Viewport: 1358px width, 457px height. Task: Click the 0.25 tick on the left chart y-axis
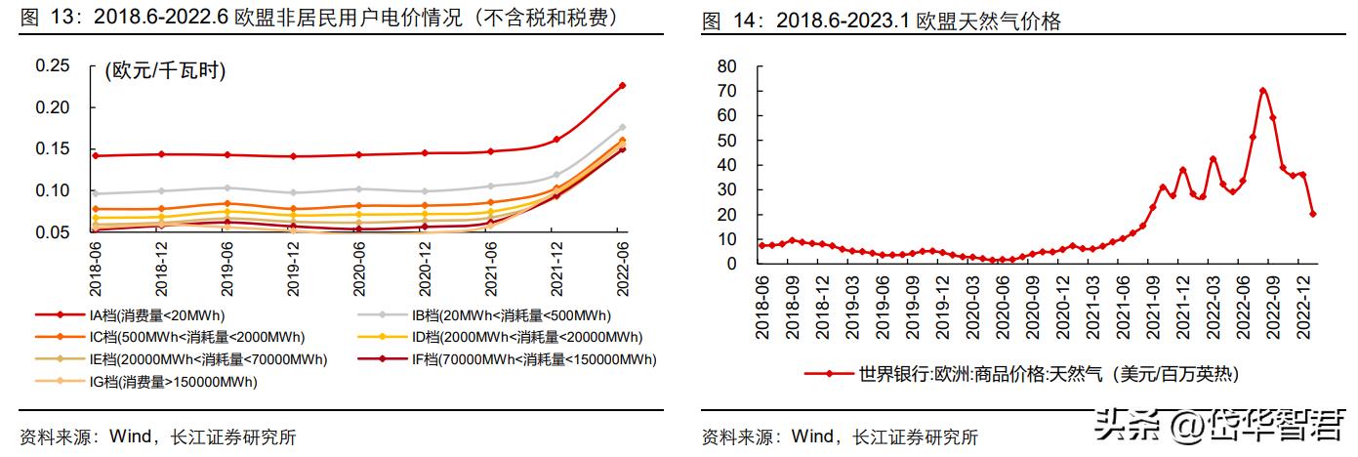point(53,65)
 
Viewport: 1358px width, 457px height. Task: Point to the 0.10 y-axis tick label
point(53,190)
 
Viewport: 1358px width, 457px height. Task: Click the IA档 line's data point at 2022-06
point(622,86)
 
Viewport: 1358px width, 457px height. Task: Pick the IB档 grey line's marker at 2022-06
point(622,127)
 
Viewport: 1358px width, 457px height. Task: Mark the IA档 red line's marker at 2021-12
point(556,140)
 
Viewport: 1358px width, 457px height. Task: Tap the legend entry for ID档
point(513,337)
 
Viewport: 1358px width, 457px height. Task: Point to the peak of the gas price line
point(1262,91)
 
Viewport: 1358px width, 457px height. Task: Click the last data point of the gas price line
point(1313,214)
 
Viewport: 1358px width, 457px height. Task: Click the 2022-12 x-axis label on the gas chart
point(1302,304)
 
